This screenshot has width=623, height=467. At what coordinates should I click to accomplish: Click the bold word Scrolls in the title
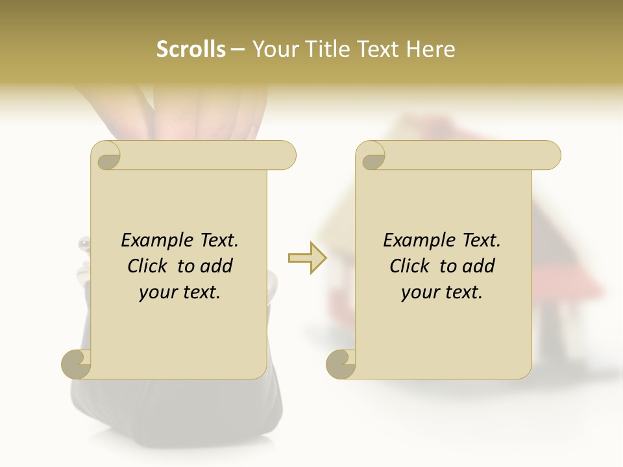coord(191,49)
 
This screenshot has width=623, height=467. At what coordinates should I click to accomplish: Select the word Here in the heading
coord(430,49)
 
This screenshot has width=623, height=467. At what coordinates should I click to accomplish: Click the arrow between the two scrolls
coord(308,257)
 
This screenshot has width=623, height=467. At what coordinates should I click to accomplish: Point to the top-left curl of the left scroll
coord(106,156)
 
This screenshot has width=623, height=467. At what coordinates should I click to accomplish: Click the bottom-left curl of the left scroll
coord(76,363)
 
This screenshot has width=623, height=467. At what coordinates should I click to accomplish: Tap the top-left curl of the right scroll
coord(371,156)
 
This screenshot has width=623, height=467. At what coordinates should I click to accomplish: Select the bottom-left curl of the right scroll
coord(341,363)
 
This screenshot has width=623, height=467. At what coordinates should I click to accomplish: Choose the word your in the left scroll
coord(156,293)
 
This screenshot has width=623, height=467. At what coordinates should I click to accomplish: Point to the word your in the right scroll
coord(419,293)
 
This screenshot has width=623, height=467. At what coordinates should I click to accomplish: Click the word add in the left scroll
coord(216,266)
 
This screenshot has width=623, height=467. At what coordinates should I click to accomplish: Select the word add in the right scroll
coord(478,266)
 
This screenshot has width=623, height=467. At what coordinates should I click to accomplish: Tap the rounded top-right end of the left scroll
coord(286,155)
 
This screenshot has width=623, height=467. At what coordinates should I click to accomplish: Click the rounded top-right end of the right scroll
coord(550,155)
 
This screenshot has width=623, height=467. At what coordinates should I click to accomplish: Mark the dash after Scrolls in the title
coord(238,50)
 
